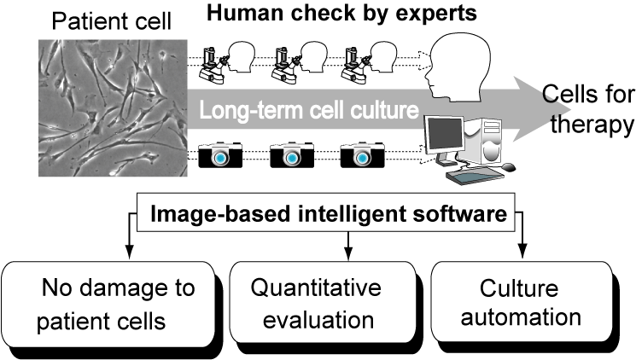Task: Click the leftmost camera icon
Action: pos(220,157)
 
